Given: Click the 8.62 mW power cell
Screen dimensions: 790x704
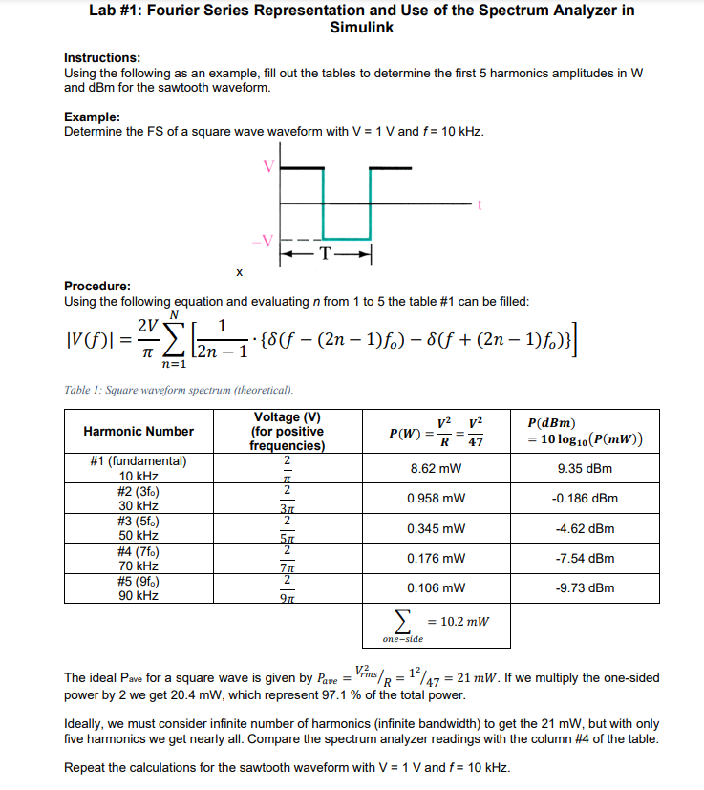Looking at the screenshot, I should pyautogui.click(x=436, y=469).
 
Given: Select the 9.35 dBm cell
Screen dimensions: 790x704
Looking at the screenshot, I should pyautogui.click(x=585, y=469).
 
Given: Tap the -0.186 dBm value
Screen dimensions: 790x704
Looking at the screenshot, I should pyautogui.click(x=585, y=499).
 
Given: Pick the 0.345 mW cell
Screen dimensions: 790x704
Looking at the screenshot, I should pyautogui.click(x=436, y=528).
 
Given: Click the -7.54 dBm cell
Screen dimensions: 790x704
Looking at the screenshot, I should pyautogui.click(x=585, y=558).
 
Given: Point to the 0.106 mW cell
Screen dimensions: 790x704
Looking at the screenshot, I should pyautogui.click(x=436, y=587).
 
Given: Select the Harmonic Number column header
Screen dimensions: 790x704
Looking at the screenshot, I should pyautogui.click(x=138, y=431).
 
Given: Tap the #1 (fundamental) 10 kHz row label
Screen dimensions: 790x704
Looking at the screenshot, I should pyautogui.click(x=138, y=468).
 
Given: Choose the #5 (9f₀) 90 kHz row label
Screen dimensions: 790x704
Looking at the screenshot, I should pyautogui.click(x=138, y=587).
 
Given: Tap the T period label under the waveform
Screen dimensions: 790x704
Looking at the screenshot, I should pyautogui.click(x=325, y=255).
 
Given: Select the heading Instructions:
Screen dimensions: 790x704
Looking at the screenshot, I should pyautogui.click(x=102, y=58).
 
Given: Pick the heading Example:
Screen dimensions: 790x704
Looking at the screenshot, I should pyautogui.click(x=92, y=117).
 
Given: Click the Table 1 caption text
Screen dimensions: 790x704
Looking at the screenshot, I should pyautogui.click(x=179, y=390).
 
